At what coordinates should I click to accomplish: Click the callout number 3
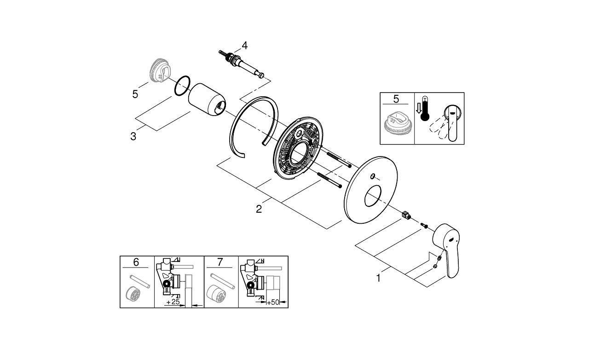[x=133, y=136]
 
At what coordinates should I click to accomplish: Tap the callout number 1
[x=379, y=278]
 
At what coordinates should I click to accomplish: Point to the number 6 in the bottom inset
[x=136, y=262]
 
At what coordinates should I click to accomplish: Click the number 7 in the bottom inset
[x=220, y=262]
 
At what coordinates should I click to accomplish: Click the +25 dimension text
[x=173, y=302]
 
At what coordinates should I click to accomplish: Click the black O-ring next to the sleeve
[x=182, y=86]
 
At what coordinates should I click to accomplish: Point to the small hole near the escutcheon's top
[x=372, y=176]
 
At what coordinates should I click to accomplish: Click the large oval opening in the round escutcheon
[x=374, y=197]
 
